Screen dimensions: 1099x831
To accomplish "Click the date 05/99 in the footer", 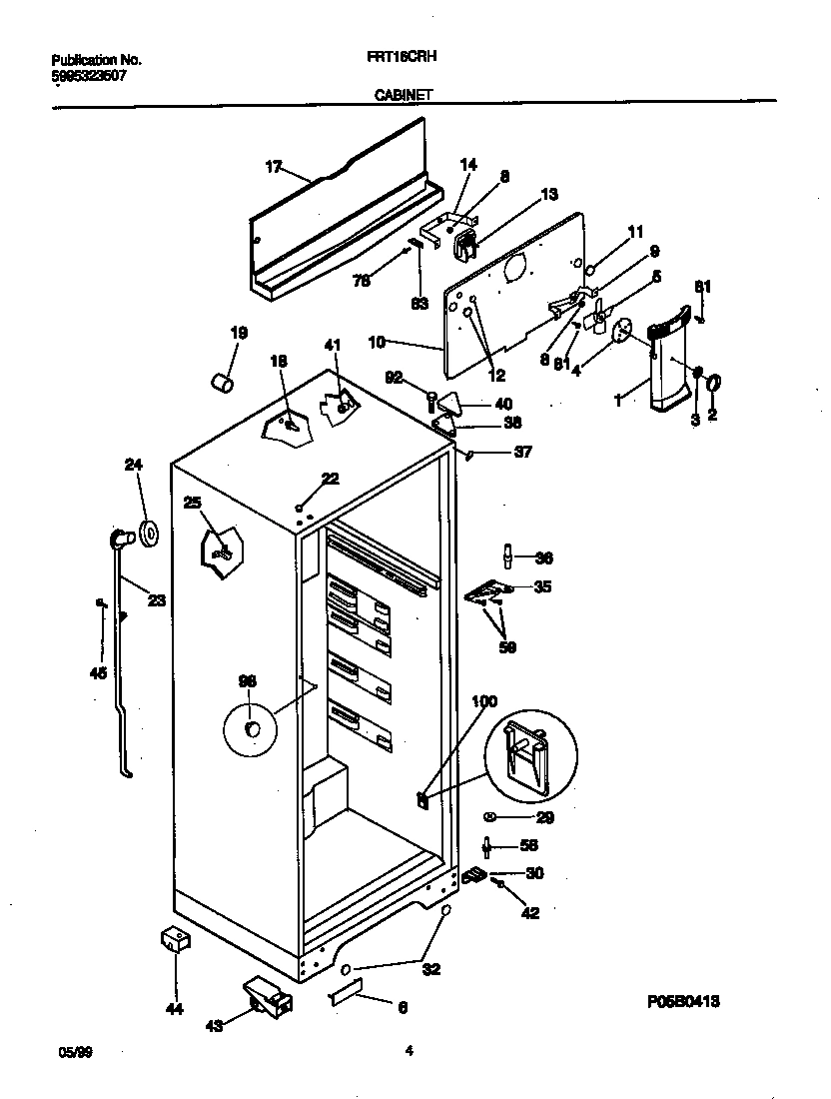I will point(68,1051).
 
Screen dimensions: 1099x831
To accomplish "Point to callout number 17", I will point(273,167).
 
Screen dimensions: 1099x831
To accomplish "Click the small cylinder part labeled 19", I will point(224,382).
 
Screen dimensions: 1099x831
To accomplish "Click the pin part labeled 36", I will point(508,554).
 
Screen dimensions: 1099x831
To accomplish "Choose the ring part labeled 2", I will point(715,383).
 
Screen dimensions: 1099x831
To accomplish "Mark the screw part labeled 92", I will point(429,402).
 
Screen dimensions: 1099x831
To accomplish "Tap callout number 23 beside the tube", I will point(157,600).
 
